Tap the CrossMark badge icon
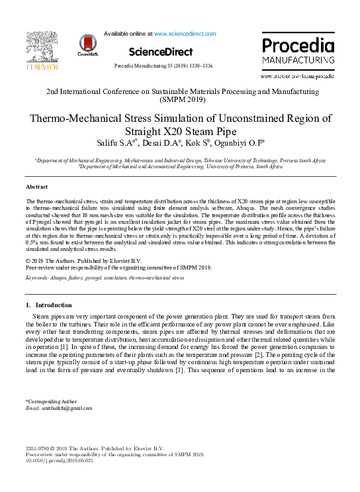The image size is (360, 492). point(87,44)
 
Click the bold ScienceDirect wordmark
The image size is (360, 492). point(161,52)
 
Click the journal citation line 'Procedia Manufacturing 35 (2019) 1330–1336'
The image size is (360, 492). point(163,66)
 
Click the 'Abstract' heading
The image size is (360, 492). point(36,187)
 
